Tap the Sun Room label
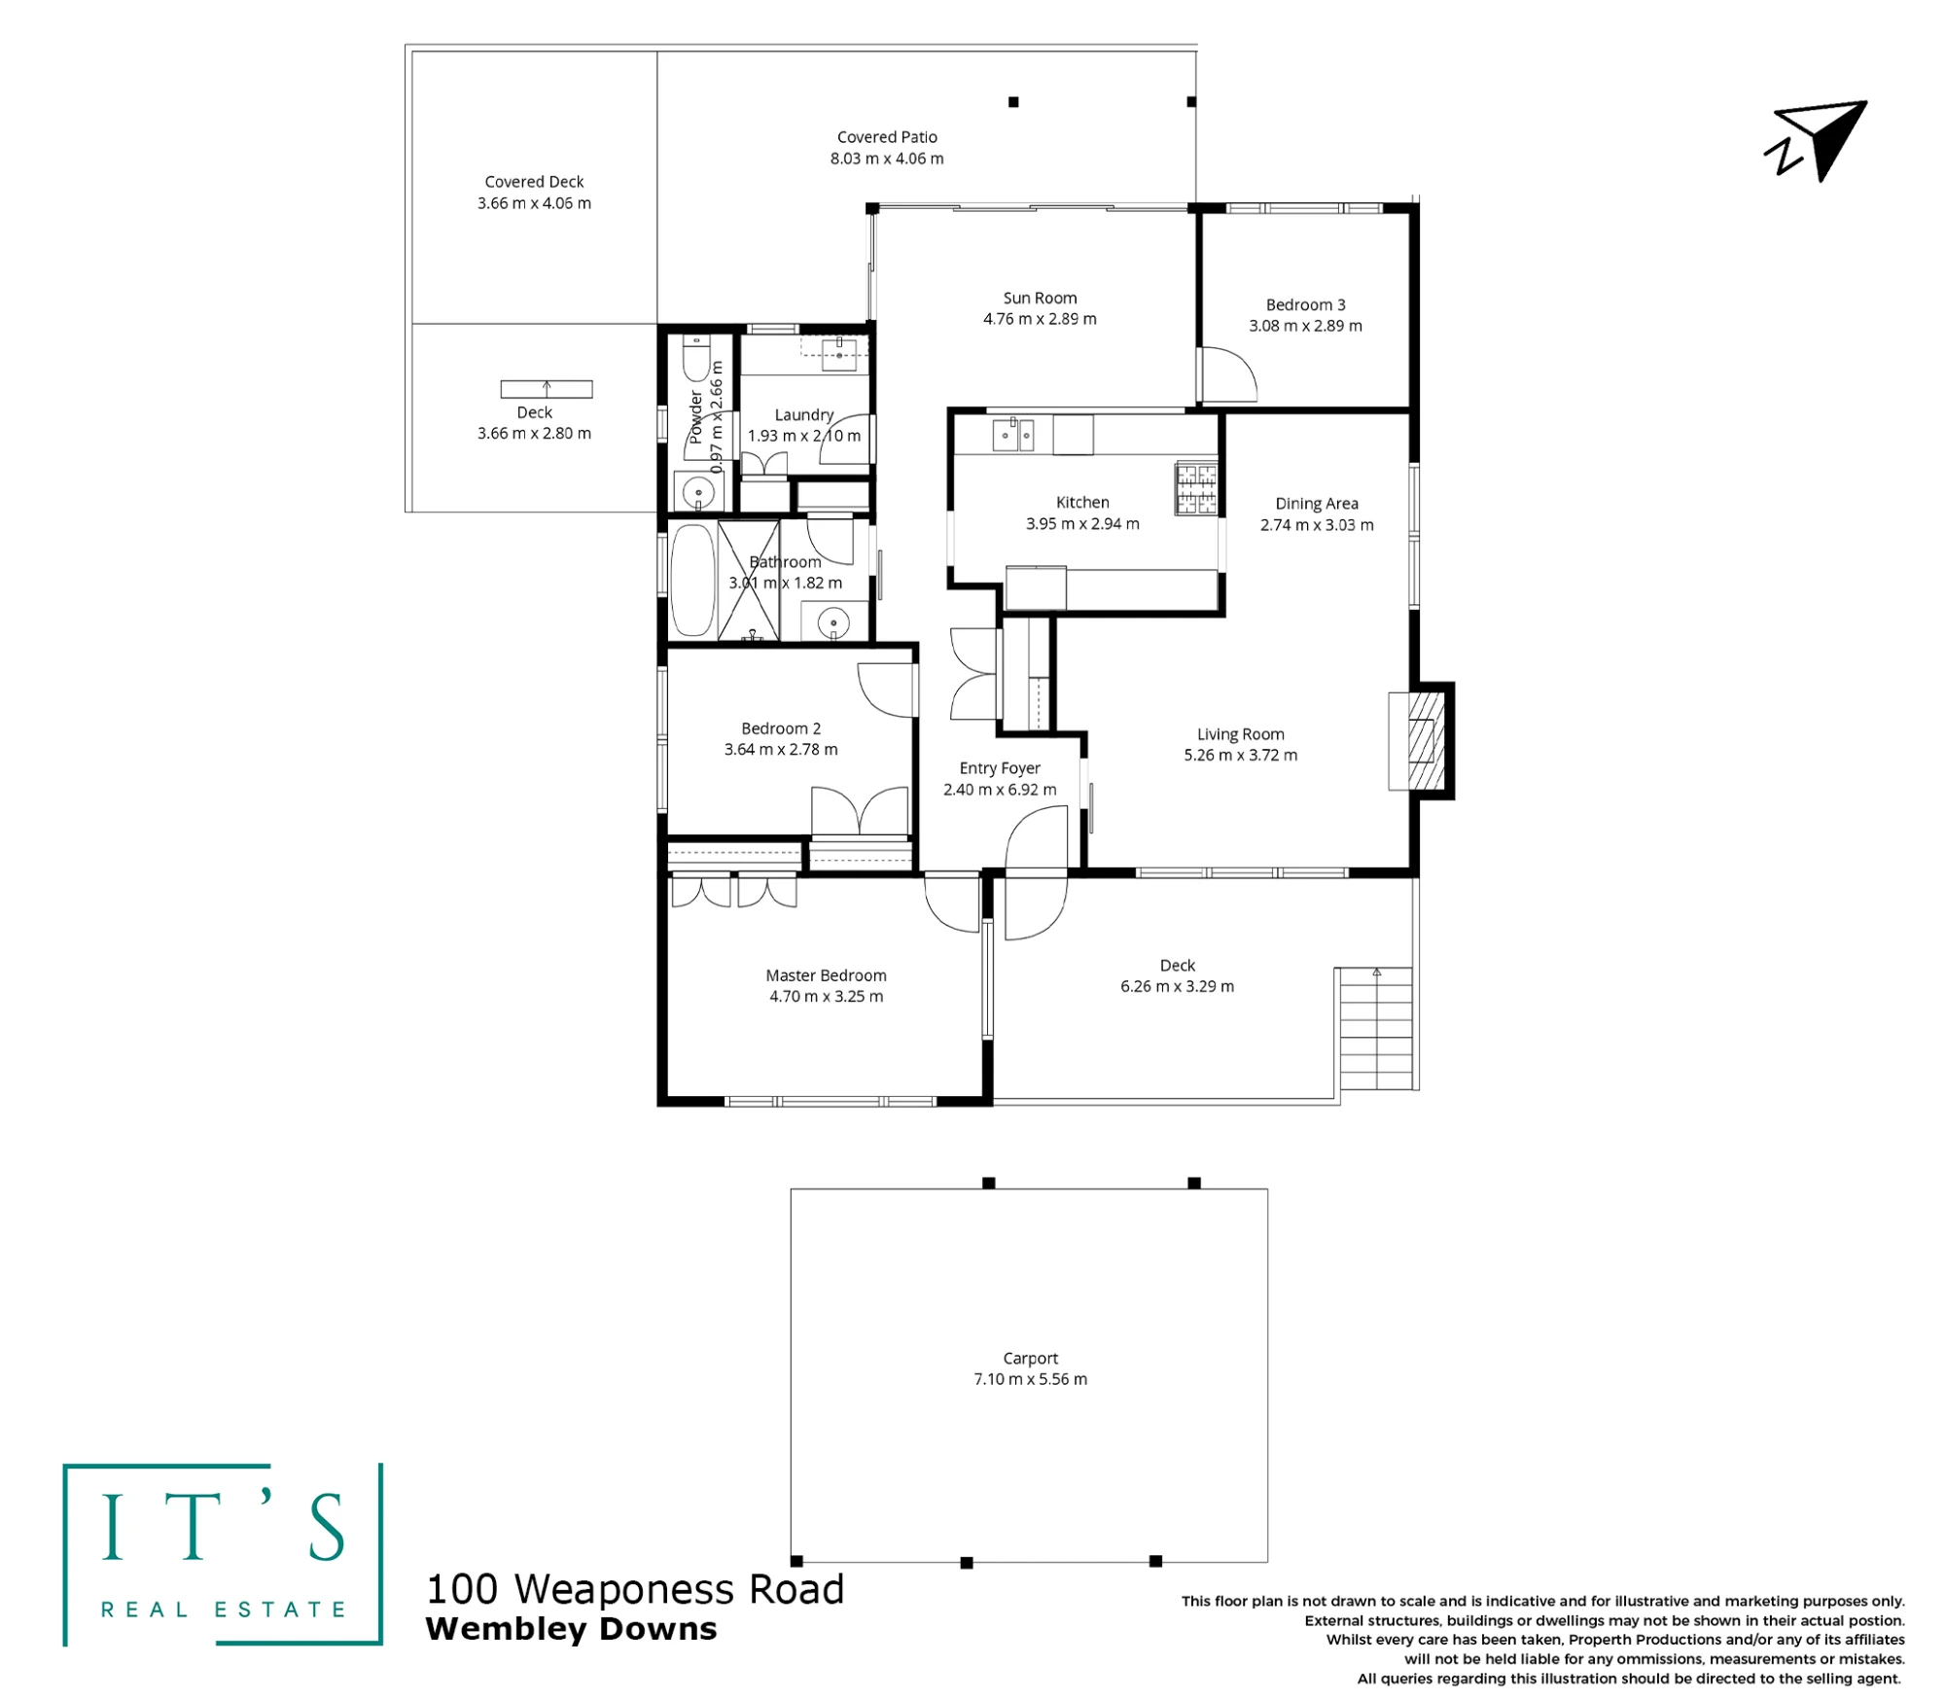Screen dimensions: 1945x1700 point(1040,298)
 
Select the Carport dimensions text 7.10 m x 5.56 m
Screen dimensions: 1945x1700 point(1031,1379)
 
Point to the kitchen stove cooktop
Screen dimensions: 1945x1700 point(1196,487)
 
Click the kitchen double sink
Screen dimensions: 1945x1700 point(1012,435)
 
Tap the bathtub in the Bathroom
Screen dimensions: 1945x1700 point(693,582)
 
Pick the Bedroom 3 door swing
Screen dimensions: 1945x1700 point(1229,374)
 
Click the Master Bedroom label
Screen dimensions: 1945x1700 point(826,975)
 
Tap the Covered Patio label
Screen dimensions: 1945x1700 point(887,137)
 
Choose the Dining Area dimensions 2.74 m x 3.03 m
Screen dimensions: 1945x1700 point(1317,525)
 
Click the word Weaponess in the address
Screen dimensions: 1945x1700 point(624,1590)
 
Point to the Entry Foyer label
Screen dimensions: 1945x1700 point(1000,768)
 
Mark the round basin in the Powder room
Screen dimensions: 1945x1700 point(698,493)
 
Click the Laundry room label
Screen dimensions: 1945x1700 point(804,415)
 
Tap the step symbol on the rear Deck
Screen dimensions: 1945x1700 point(547,389)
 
